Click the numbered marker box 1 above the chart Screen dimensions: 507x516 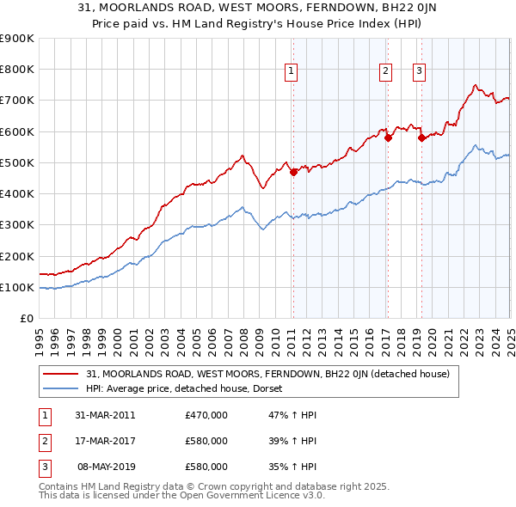tap(292, 71)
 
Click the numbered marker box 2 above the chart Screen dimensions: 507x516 tap(385, 71)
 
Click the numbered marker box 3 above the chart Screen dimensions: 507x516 tap(419, 71)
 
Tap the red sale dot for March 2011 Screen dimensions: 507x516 tap(293, 172)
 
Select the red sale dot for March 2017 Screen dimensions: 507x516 tap(388, 137)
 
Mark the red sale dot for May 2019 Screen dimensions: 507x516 tap(421, 137)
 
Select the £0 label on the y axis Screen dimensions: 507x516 tap(26, 319)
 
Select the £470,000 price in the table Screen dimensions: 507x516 tap(206, 415)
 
